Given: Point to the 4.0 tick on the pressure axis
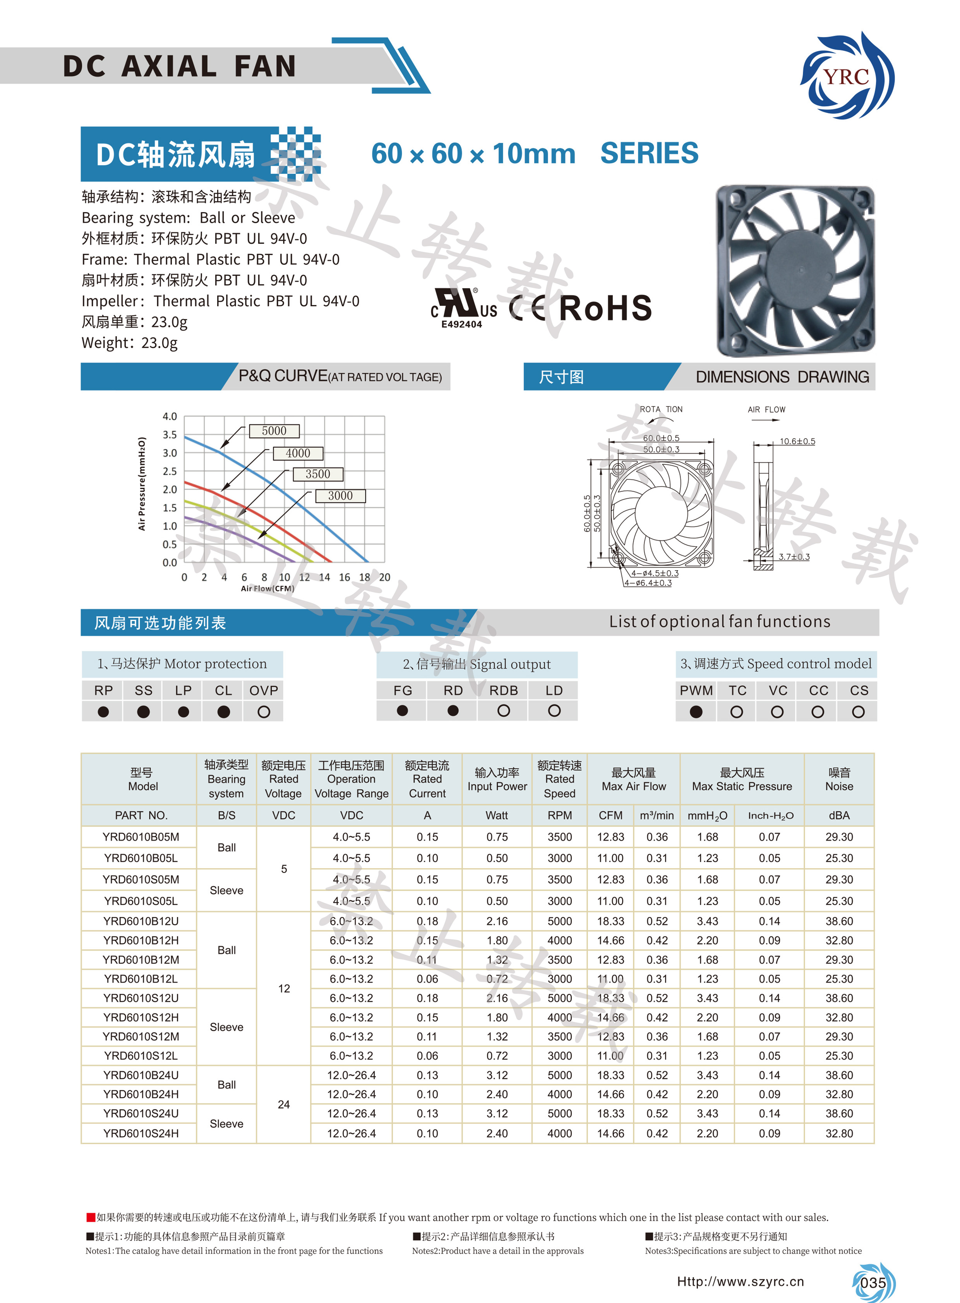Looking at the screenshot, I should (170, 416).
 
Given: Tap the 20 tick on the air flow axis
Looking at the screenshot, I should (385, 577).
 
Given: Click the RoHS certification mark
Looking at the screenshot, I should (605, 308).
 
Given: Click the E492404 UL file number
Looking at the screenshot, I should (461, 324).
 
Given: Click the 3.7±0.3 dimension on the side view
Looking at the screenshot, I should (794, 557).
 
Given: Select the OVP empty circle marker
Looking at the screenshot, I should (264, 712).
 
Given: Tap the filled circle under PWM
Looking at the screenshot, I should (696, 712).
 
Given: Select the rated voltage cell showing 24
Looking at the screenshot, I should (284, 1104).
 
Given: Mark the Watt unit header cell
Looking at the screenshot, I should (497, 815).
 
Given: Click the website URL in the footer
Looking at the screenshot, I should (741, 1281).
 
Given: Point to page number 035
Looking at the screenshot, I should (873, 1282).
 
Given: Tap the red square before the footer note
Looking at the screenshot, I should (91, 1217).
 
